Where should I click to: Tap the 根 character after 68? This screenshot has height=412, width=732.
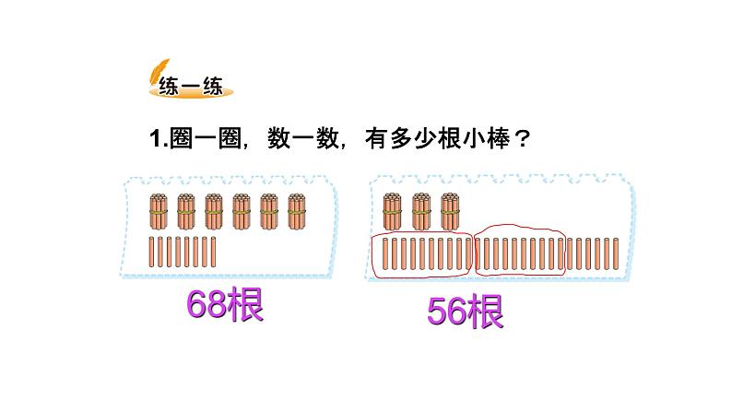point(243,305)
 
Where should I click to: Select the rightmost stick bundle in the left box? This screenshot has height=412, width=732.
point(297,211)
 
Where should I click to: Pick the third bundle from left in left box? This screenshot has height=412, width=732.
point(214,211)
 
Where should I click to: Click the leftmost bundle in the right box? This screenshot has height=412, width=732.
point(393,211)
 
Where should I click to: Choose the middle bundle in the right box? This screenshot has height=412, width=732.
point(422,211)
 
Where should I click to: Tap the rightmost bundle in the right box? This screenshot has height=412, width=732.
point(451,211)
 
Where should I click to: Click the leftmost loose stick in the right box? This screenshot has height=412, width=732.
point(384,253)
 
